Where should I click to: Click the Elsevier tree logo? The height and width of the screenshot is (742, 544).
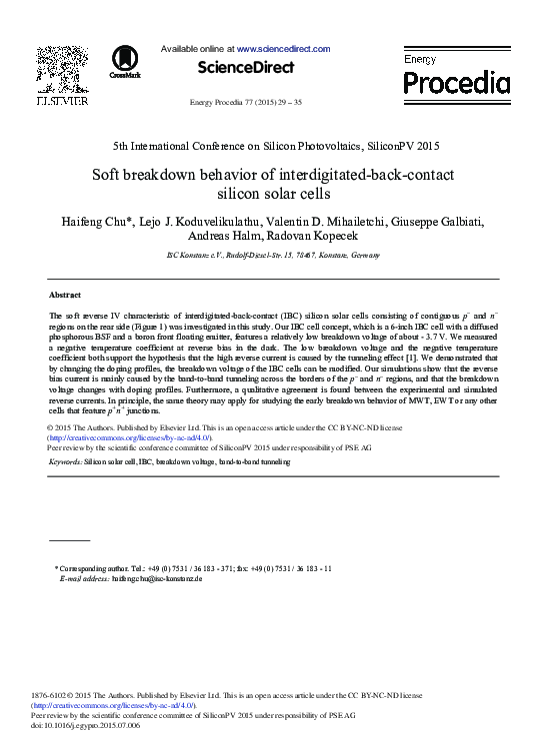tap(62, 68)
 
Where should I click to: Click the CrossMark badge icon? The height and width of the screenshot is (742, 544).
tap(125, 61)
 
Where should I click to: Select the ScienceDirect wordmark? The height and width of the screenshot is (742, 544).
tap(245, 68)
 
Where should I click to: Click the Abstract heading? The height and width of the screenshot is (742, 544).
tap(65, 295)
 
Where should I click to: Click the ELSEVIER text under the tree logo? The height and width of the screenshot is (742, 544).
tap(62, 100)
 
